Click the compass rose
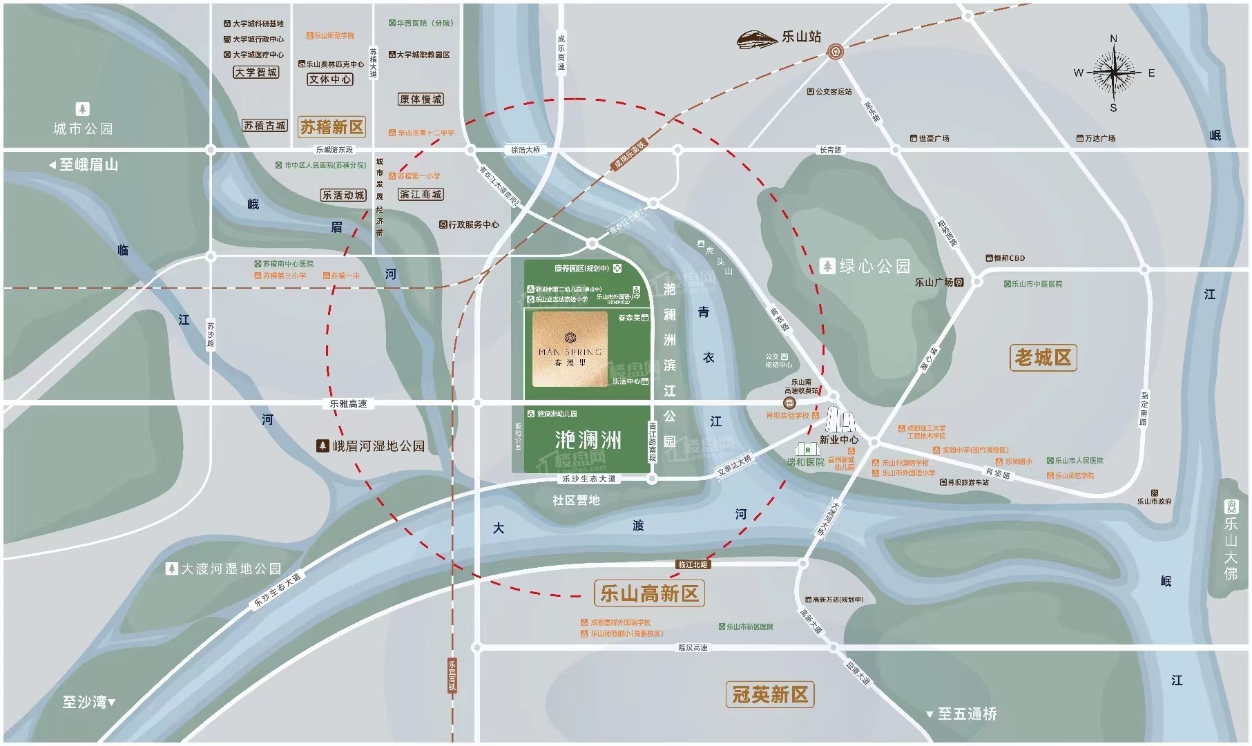coord(1113,73)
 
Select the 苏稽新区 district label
coord(331,127)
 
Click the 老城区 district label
coord(1043,358)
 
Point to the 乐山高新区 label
coord(649,593)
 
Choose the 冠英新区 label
coord(770,694)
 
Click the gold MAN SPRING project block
coord(570,349)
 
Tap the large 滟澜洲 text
coord(588,440)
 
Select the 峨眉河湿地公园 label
coord(371,446)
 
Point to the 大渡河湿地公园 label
coord(224,569)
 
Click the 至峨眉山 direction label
coord(84,165)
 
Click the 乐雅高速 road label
coord(349,403)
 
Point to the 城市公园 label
coord(83,128)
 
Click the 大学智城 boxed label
coord(256,73)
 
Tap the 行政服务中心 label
coord(470,224)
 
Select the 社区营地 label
coord(576,500)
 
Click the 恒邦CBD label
coord(1005,258)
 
